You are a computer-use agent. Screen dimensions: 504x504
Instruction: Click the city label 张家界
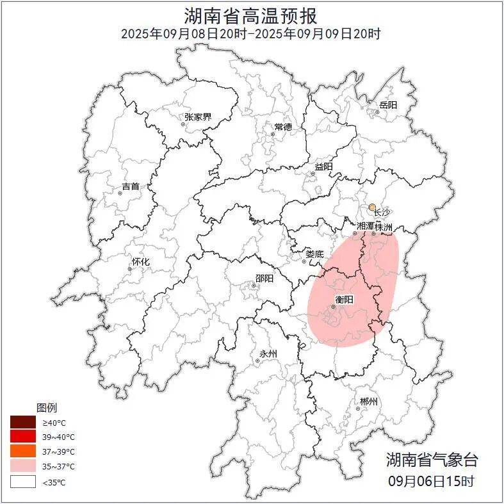198,117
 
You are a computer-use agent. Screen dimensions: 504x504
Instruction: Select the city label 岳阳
388,104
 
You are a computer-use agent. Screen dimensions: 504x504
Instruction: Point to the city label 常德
283,127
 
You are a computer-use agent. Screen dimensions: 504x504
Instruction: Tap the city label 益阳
323,167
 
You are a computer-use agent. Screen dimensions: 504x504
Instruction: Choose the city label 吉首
131,186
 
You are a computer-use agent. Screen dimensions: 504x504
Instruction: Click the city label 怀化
140,262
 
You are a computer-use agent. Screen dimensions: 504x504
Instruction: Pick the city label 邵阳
264,279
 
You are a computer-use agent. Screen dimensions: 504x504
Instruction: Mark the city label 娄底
314,254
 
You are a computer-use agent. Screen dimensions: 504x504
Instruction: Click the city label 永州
268,354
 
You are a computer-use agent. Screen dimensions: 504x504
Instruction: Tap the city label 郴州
368,402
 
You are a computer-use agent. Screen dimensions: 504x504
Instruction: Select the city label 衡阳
345,300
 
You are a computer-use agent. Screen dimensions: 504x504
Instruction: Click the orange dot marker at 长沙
372,207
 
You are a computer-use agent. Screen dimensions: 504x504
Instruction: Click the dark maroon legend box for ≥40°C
22,422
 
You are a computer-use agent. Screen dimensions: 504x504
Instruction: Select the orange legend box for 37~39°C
22,451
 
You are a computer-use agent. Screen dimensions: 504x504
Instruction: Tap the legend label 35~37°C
59,467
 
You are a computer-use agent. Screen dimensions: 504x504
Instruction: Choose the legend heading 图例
47,408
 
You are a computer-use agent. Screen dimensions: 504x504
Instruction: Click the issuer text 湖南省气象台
432,460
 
